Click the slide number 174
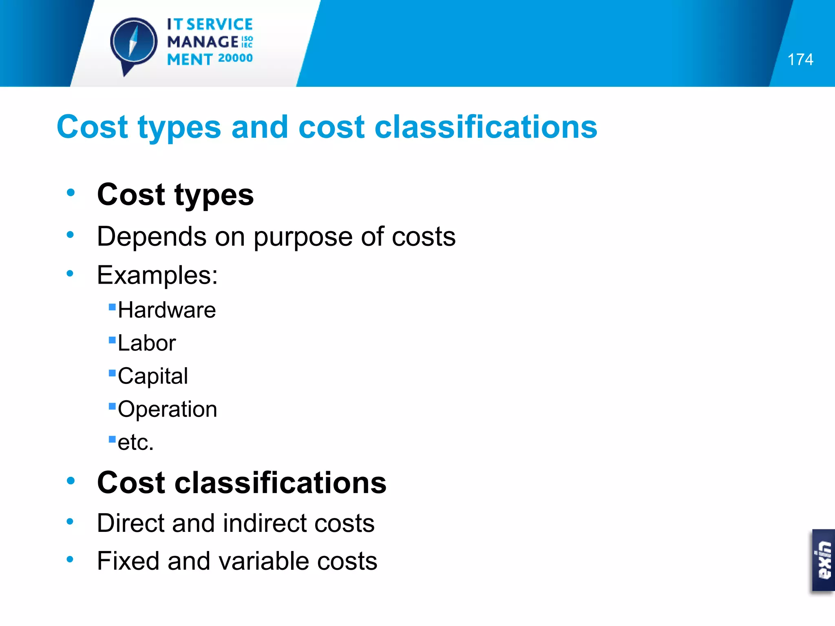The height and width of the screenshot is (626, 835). click(x=800, y=60)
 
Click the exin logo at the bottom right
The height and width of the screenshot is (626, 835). click(x=824, y=560)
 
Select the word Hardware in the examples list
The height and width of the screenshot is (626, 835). click(x=167, y=310)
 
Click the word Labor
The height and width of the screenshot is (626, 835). click(x=147, y=343)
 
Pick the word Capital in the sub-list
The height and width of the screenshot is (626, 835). click(x=153, y=376)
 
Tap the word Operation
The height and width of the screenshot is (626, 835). click(x=167, y=409)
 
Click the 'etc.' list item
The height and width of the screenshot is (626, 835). click(x=136, y=442)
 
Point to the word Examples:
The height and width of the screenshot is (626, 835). click(x=157, y=275)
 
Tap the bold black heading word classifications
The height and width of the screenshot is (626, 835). click(x=281, y=483)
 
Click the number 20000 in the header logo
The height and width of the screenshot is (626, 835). click(x=235, y=58)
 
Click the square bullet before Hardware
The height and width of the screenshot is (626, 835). click(x=112, y=307)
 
